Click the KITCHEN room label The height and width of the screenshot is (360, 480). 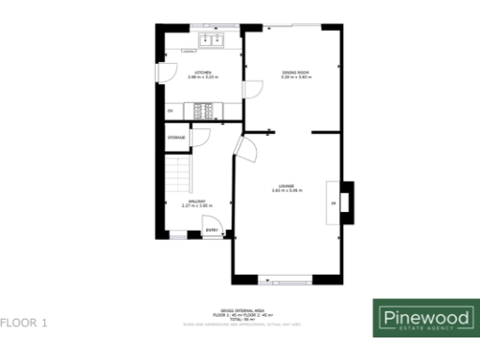click(202, 72)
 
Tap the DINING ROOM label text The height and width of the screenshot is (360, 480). click(296, 72)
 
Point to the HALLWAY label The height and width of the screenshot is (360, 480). click(196, 201)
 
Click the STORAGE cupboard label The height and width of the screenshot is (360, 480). click(175, 138)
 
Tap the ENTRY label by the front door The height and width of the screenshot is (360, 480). click(212, 230)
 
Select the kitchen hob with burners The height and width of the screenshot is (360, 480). click(203, 112)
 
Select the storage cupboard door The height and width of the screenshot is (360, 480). click(199, 138)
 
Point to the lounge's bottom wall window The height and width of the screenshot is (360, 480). click(285, 279)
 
